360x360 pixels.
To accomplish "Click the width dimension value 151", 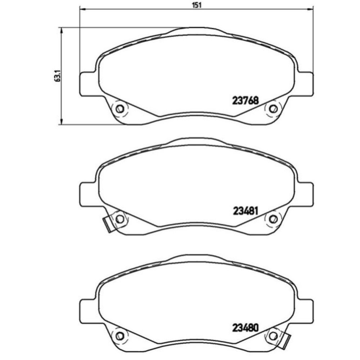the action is [x=197, y=5].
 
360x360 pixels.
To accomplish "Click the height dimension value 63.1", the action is [x=57, y=76].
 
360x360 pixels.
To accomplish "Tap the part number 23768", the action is [x=246, y=100].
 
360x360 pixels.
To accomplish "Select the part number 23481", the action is [x=246, y=211].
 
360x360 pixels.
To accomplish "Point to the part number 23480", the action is [x=246, y=328].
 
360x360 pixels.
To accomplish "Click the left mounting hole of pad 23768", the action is [x=120, y=109].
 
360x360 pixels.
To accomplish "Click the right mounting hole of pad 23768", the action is [x=273, y=109].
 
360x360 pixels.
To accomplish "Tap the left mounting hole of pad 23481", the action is [x=120, y=219].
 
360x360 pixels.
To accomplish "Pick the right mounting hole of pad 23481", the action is [x=273, y=219].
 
